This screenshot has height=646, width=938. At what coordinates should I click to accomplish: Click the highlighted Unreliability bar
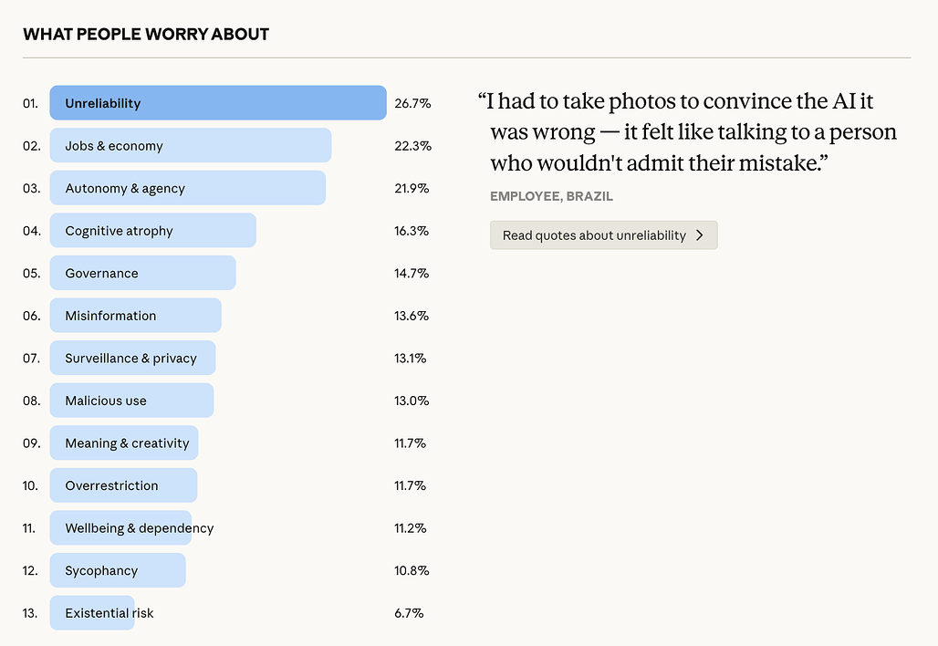218,103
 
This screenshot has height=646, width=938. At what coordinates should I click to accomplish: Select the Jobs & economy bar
190,146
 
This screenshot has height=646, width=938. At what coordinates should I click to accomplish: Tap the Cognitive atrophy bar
152,231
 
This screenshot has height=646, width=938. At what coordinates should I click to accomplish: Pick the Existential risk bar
92,613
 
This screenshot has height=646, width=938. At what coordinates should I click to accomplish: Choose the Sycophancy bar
118,570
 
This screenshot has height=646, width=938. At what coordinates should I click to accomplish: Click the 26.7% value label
412,103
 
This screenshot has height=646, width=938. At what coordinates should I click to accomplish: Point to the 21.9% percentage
412,188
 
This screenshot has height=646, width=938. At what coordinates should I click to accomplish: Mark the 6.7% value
409,613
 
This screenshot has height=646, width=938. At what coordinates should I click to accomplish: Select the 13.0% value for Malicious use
412,401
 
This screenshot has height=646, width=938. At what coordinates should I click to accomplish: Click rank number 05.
31,273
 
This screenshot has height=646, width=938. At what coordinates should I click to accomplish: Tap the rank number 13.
31,613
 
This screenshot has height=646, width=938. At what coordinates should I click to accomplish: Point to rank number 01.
31,103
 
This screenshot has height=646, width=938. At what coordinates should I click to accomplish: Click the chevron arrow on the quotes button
699,235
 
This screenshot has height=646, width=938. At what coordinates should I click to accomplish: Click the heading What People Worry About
146,35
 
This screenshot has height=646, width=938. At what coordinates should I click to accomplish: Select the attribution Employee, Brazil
551,196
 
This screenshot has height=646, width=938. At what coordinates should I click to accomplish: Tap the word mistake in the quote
775,163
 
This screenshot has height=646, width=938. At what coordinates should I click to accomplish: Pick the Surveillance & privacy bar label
130,358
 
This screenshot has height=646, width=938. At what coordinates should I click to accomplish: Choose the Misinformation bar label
110,316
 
